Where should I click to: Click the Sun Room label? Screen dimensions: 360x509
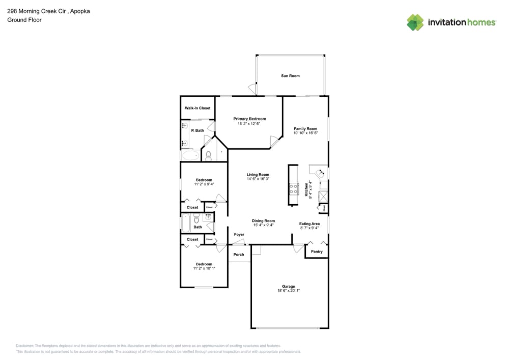pos(290,76)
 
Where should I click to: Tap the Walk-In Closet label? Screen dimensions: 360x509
pos(197,108)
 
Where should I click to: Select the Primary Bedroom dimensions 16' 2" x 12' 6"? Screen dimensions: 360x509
pos(249,124)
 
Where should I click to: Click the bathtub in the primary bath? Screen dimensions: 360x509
pos(190,155)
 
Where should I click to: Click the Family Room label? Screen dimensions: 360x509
pos(305,129)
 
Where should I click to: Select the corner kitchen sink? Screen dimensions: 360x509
pos(321,173)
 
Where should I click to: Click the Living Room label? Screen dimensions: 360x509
pos(258,175)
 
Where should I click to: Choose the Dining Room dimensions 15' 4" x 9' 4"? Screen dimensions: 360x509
pos(263,225)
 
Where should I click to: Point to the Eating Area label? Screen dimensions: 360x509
pos(309,224)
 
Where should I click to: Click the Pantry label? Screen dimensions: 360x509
pos(317,252)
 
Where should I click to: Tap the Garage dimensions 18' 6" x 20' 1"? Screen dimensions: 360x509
pos(289,291)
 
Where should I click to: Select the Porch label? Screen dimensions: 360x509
pos(238,255)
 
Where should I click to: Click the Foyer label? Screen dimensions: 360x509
pos(238,235)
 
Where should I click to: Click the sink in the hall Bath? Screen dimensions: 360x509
pos(208,217)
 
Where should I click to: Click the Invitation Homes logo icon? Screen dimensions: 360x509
pos(415,22)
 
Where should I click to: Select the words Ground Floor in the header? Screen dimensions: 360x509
pos(24,20)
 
